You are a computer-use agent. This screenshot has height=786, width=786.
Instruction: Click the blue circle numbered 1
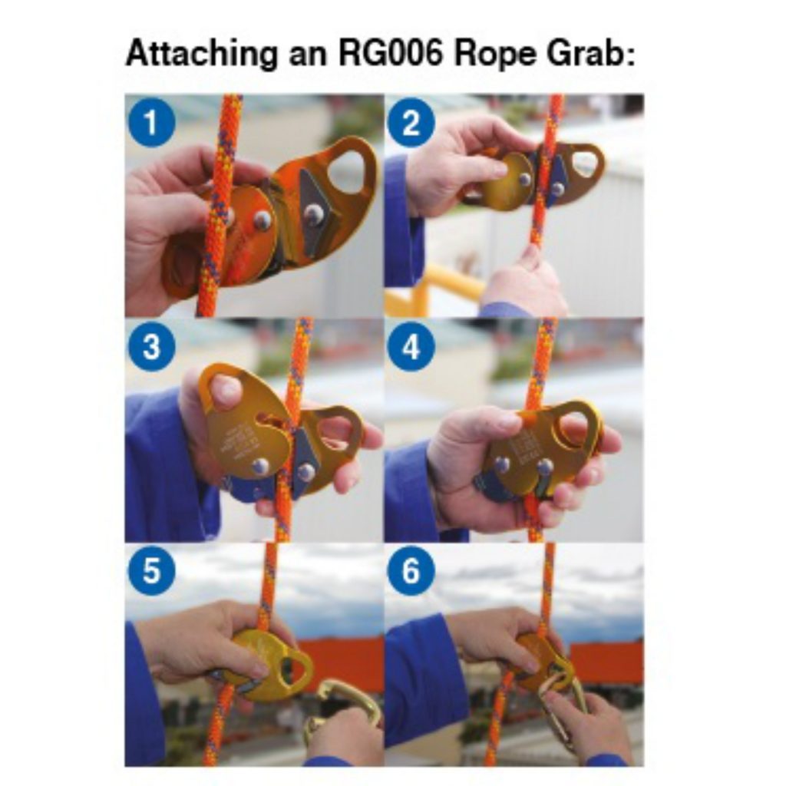[x=150, y=122]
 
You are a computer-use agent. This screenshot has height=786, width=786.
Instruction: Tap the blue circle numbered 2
[x=411, y=122]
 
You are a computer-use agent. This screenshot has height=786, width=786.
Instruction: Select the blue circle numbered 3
[x=150, y=347]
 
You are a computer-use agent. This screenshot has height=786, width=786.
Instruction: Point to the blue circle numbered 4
[x=411, y=347]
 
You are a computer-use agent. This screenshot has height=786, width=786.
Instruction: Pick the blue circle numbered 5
[x=150, y=573]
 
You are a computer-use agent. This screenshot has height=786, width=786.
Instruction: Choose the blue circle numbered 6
[x=411, y=573]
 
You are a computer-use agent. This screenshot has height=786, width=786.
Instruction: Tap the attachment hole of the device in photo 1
[x=350, y=170]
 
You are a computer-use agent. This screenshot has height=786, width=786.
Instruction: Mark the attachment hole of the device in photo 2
[x=584, y=162]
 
